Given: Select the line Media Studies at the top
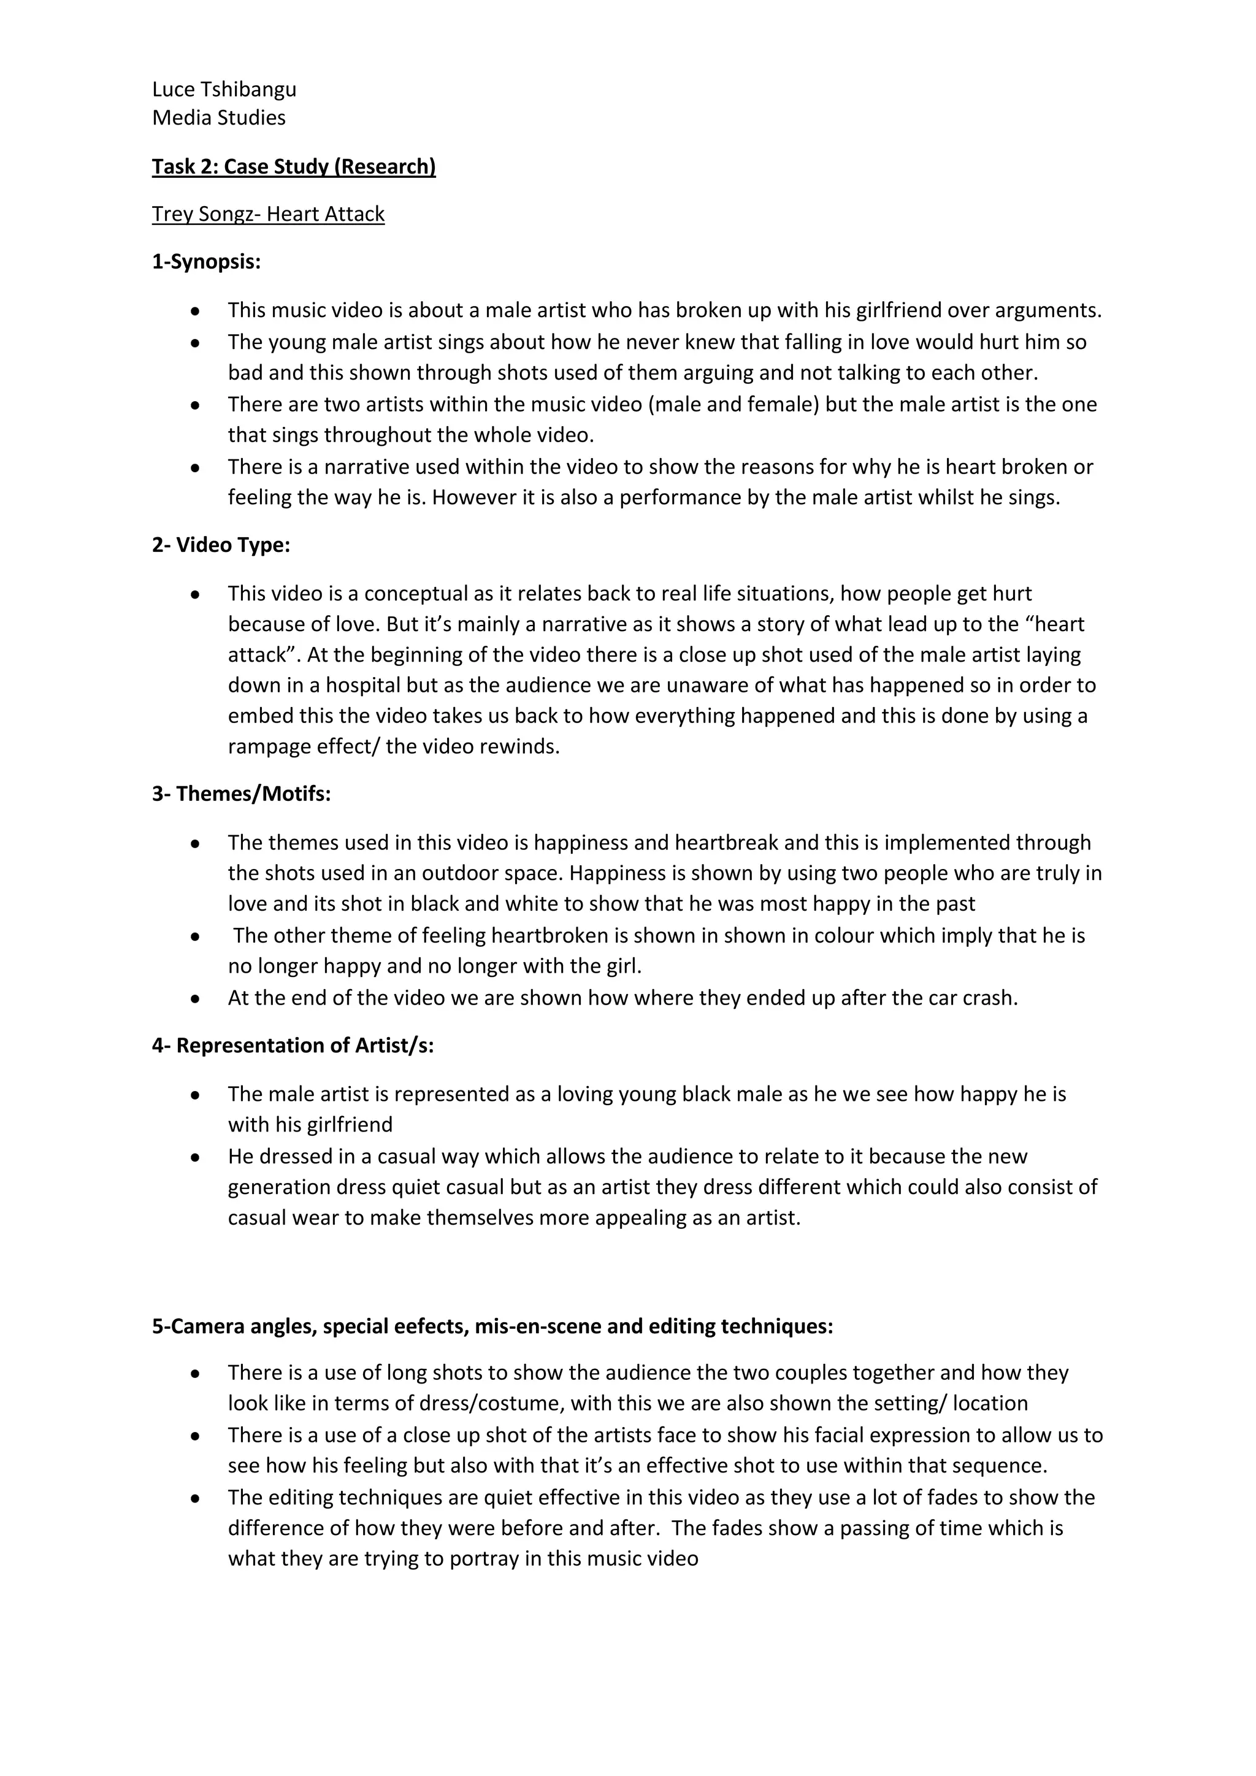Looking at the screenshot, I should pos(219,118).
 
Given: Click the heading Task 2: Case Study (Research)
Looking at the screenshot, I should pos(294,166).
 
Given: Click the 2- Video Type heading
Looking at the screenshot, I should pos(221,545).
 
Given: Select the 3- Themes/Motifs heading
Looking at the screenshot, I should pos(241,794).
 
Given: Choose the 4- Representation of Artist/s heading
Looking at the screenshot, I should pos(293,1045).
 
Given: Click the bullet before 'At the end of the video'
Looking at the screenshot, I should pos(196,998).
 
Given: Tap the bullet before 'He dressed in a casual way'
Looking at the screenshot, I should pos(196,1157).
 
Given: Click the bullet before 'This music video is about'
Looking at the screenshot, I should pos(196,311).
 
